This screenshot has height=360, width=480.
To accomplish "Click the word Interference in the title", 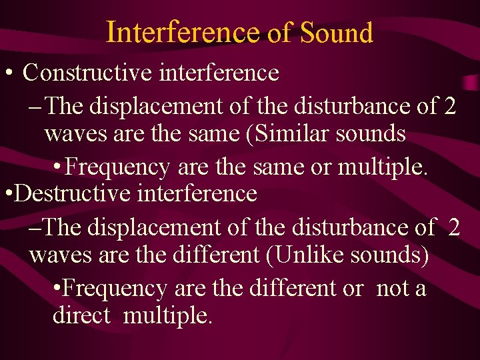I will (x=182, y=31).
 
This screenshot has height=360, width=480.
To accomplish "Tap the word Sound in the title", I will (x=337, y=31).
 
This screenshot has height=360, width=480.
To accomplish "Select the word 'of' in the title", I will (x=279, y=32).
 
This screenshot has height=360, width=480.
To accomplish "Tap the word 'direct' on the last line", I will (x=81, y=315).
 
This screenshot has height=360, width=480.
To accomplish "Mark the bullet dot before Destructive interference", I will (x=7, y=194).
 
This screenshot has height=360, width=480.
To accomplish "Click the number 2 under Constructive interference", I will (x=449, y=105).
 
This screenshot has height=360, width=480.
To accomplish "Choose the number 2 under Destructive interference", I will (x=454, y=227).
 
